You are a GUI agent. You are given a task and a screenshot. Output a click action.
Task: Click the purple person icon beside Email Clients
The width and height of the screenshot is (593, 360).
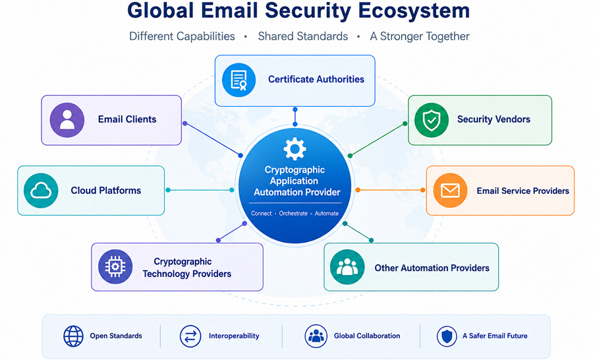coord(67,120)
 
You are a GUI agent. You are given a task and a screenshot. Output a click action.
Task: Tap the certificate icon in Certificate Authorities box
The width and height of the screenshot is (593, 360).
coord(239,80)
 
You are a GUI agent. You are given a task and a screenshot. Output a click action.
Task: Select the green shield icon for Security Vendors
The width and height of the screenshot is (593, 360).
coord(432,120)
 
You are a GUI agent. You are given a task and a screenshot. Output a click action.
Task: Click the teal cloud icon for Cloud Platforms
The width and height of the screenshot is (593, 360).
coord(41,191)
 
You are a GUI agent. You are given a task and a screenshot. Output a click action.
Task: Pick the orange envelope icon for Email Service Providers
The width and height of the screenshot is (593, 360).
coord(450,191)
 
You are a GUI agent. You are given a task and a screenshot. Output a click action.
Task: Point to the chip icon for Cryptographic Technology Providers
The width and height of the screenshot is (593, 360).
coord(115,267)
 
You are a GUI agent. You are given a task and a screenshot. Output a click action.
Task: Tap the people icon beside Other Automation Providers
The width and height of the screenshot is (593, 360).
coord(347,267)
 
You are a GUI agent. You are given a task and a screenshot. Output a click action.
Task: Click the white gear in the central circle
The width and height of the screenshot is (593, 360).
coord(295,149)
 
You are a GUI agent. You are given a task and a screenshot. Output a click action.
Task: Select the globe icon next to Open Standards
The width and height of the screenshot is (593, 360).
coord(73,336)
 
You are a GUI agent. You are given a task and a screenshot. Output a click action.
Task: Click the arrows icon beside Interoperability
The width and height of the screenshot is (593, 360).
coord(190,336)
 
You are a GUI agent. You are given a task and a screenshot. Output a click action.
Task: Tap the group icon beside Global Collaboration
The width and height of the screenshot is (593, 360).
coord(316,336)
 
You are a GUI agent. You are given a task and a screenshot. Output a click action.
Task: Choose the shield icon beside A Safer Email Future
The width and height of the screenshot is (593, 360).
coord(447,336)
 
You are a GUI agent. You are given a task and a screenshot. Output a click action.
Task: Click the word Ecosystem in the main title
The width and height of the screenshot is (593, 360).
coord(414,11)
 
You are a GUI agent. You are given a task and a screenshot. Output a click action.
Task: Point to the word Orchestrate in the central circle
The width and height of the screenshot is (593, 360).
coord(293,214)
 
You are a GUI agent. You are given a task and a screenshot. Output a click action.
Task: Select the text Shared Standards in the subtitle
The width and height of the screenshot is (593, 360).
coord(303,36)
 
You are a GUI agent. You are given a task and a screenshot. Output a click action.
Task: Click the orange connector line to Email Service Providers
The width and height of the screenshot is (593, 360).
coord(390,190)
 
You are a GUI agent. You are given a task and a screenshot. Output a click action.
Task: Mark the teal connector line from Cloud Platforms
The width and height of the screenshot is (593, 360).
coord(200,190)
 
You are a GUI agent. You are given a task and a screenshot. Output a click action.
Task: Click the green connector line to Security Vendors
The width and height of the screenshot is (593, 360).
coord(378,140)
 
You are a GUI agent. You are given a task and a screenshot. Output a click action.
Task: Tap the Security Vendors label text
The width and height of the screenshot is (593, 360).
coord(494,119)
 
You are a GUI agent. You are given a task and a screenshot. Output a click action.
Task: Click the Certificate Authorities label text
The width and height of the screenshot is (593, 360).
coord(316,80)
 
